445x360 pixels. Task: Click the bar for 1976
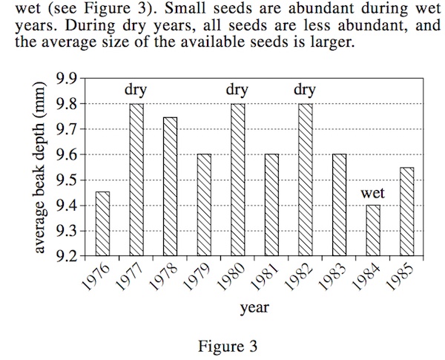102,224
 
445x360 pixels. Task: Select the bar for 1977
136,180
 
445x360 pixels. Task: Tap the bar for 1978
170,187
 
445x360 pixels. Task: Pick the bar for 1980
237,180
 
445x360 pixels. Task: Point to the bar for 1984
373,231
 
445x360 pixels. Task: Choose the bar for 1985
406,212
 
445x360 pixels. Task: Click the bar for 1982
305,180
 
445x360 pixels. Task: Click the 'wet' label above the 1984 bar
373,194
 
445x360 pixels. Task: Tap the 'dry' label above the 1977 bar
136,91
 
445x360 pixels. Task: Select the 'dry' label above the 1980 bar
237,91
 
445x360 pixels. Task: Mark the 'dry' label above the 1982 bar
305,91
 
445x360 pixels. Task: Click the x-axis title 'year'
254,307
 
